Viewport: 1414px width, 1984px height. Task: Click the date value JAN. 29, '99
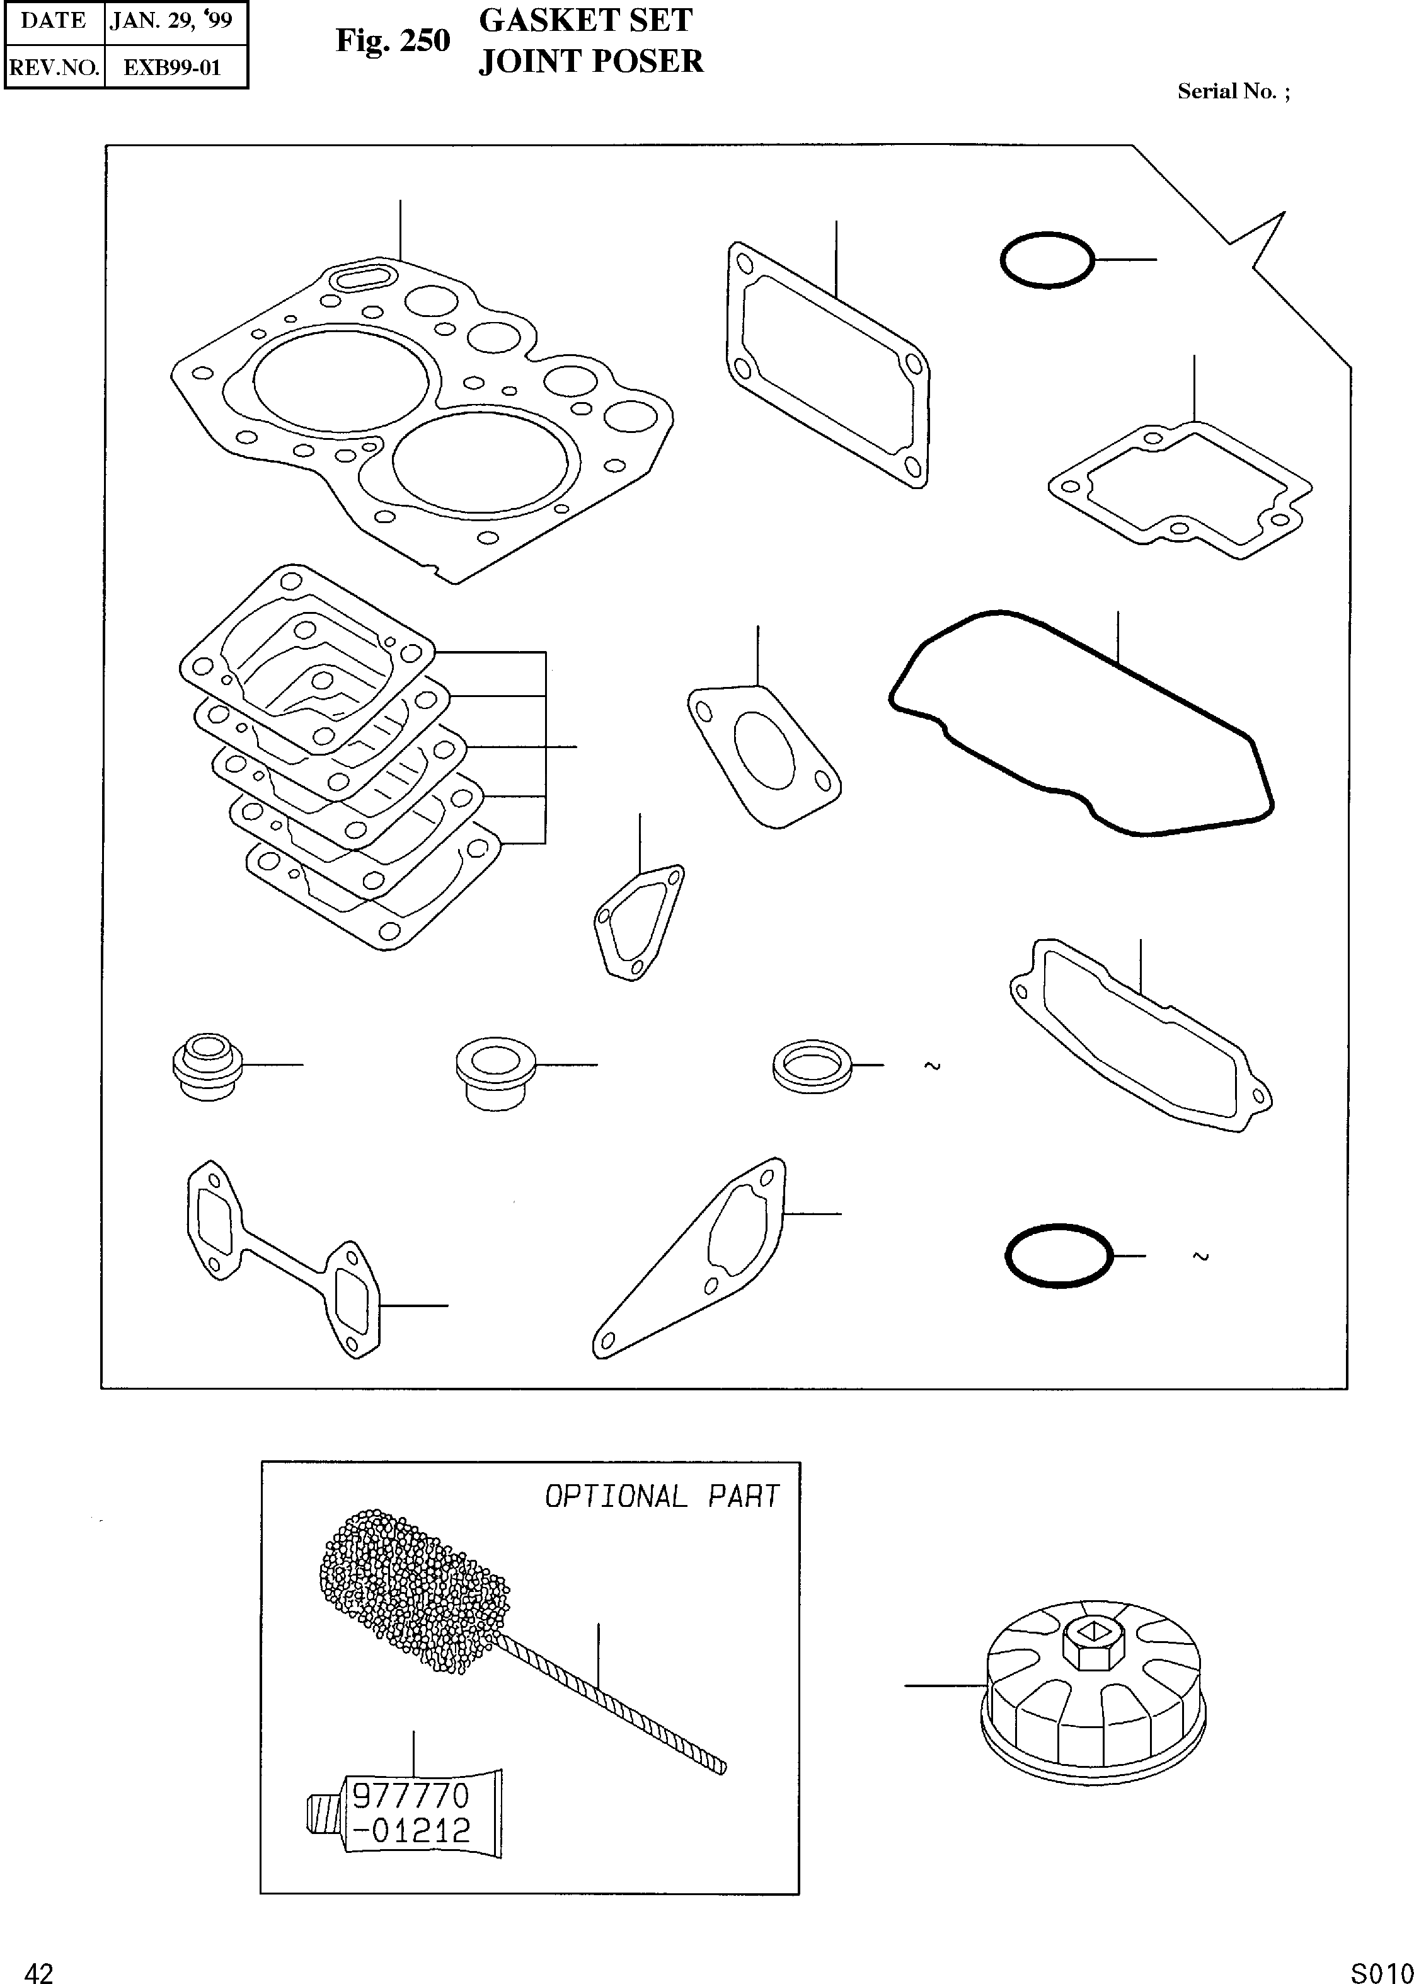coord(171,21)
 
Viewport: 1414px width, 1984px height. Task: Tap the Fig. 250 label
coord(393,41)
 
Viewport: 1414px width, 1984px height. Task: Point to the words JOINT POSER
coord(590,62)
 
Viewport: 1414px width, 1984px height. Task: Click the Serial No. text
coord(1233,91)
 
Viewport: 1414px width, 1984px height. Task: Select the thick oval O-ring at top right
coord(1047,260)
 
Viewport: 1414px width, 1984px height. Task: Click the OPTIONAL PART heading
coord(662,1496)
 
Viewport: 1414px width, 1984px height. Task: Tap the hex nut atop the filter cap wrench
coord(1094,1640)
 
